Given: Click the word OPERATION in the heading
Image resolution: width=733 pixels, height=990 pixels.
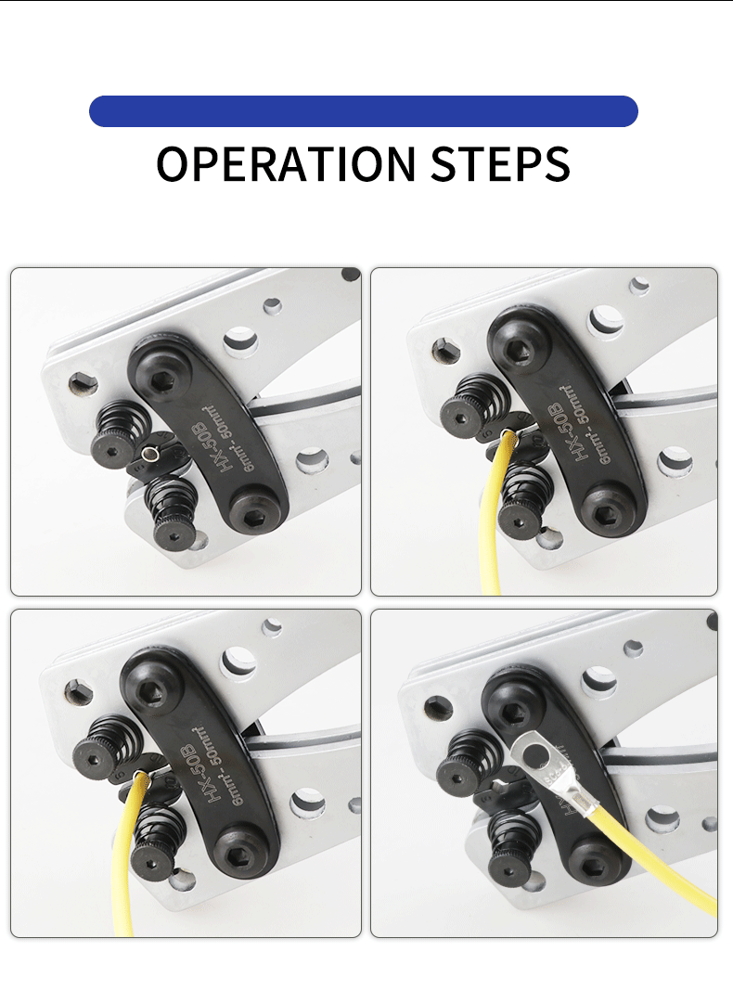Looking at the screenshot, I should pyautogui.click(x=287, y=163).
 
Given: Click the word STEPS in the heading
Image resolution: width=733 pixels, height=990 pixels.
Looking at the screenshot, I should pyautogui.click(x=500, y=163).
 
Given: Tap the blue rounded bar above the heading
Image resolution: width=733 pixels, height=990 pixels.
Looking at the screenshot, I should pyautogui.click(x=363, y=111).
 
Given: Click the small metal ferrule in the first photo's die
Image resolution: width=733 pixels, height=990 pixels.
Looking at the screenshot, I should pyautogui.click(x=150, y=455).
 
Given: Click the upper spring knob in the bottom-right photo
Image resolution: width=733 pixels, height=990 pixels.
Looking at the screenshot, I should pyautogui.click(x=465, y=757).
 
